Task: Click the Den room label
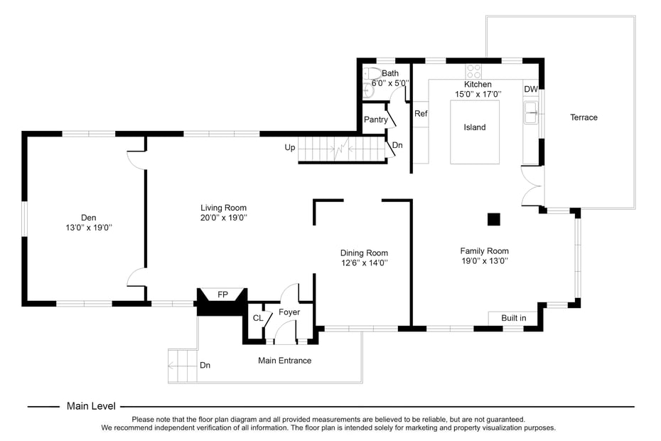pos(88,218)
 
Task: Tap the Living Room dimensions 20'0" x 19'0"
pos(223,218)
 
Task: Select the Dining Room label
pos(364,253)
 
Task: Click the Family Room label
pos(484,250)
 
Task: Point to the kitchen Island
pos(475,127)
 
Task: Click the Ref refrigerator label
pos(421,114)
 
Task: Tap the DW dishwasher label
pos(531,89)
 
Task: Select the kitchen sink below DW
pos(531,112)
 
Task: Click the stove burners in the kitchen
pos(473,72)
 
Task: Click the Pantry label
pos(375,119)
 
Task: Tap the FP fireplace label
pos(222,294)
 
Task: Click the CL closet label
pos(257,318)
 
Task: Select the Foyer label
pos(289,312)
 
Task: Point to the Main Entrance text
pos(284,361)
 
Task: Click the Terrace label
pos(584,117)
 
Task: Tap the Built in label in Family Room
pos(513,318)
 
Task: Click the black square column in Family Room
pos(493,219)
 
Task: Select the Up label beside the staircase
pos(290,147)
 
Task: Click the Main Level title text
pos(91,406)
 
